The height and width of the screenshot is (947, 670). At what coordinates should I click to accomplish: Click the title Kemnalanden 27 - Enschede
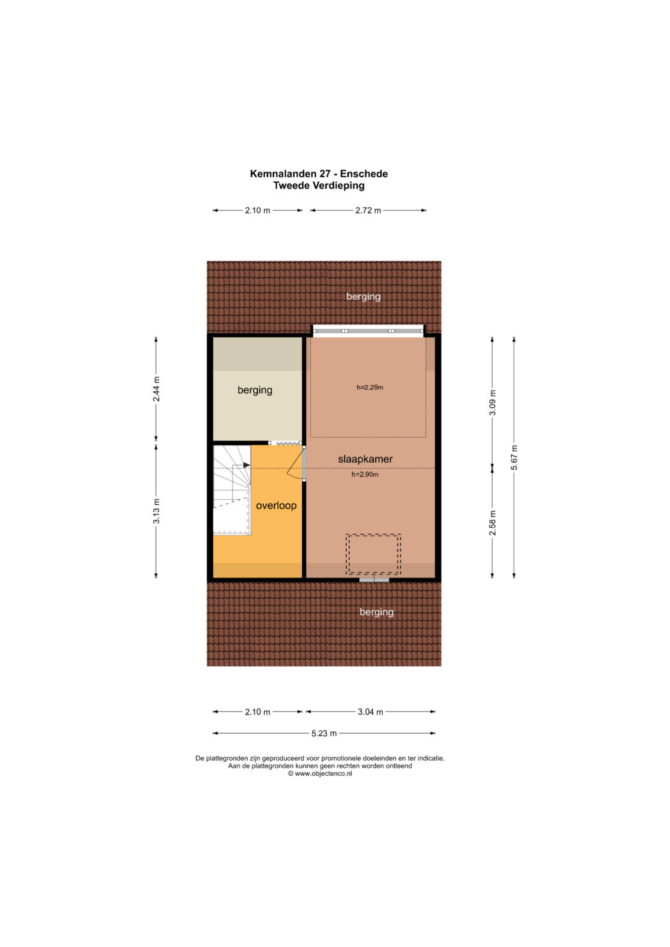[x=318, y=174]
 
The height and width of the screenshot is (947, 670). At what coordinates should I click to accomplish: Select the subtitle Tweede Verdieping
[x=318, y=185]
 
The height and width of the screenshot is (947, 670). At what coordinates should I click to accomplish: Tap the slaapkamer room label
[x=365, y=459]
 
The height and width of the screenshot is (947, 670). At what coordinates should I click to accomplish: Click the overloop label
[x=276, y=505]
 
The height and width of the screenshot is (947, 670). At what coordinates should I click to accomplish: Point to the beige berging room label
[x=254, y=390]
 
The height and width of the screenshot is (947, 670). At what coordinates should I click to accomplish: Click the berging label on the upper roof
[x=364, y=297]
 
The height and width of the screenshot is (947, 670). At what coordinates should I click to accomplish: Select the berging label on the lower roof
[x=377, y=612]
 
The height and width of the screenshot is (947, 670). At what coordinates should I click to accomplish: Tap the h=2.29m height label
[x=370, y=387]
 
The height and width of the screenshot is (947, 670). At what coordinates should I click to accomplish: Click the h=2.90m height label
[x=365, y=474]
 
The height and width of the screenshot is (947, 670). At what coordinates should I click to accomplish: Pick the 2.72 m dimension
[x=368, y=210]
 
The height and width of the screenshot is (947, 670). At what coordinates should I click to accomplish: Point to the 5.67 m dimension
[x=514, y=458]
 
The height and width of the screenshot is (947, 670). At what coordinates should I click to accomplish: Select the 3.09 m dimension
[x=493, y=402]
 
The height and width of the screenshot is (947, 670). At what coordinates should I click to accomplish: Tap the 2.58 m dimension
[x=493, y=523]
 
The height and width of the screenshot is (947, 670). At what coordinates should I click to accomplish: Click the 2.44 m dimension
[x=156, y=389]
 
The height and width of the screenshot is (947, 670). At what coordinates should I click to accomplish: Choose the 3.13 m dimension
[x=156, y=511]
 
